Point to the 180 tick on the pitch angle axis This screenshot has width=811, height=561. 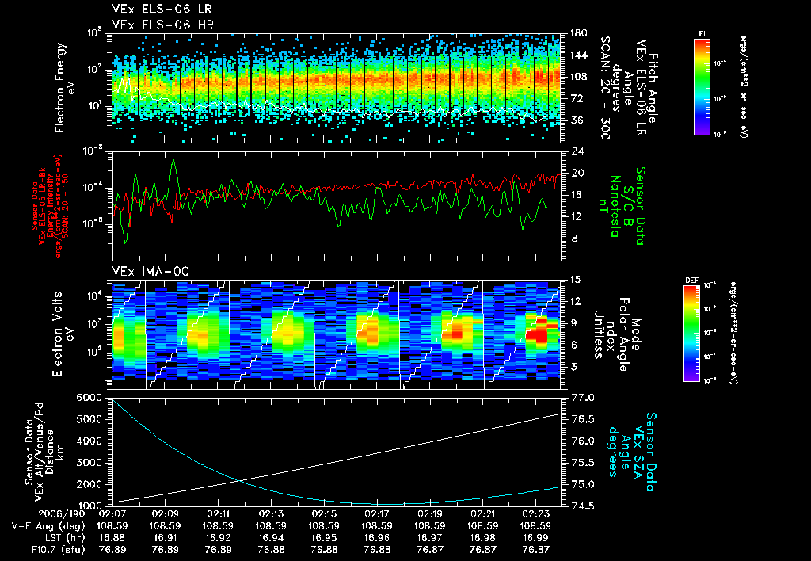coord(578,33)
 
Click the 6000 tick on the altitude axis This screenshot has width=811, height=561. coord(90,396)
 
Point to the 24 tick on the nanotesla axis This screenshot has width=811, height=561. coord(577,151)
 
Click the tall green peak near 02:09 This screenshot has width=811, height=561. coord(173,162)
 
